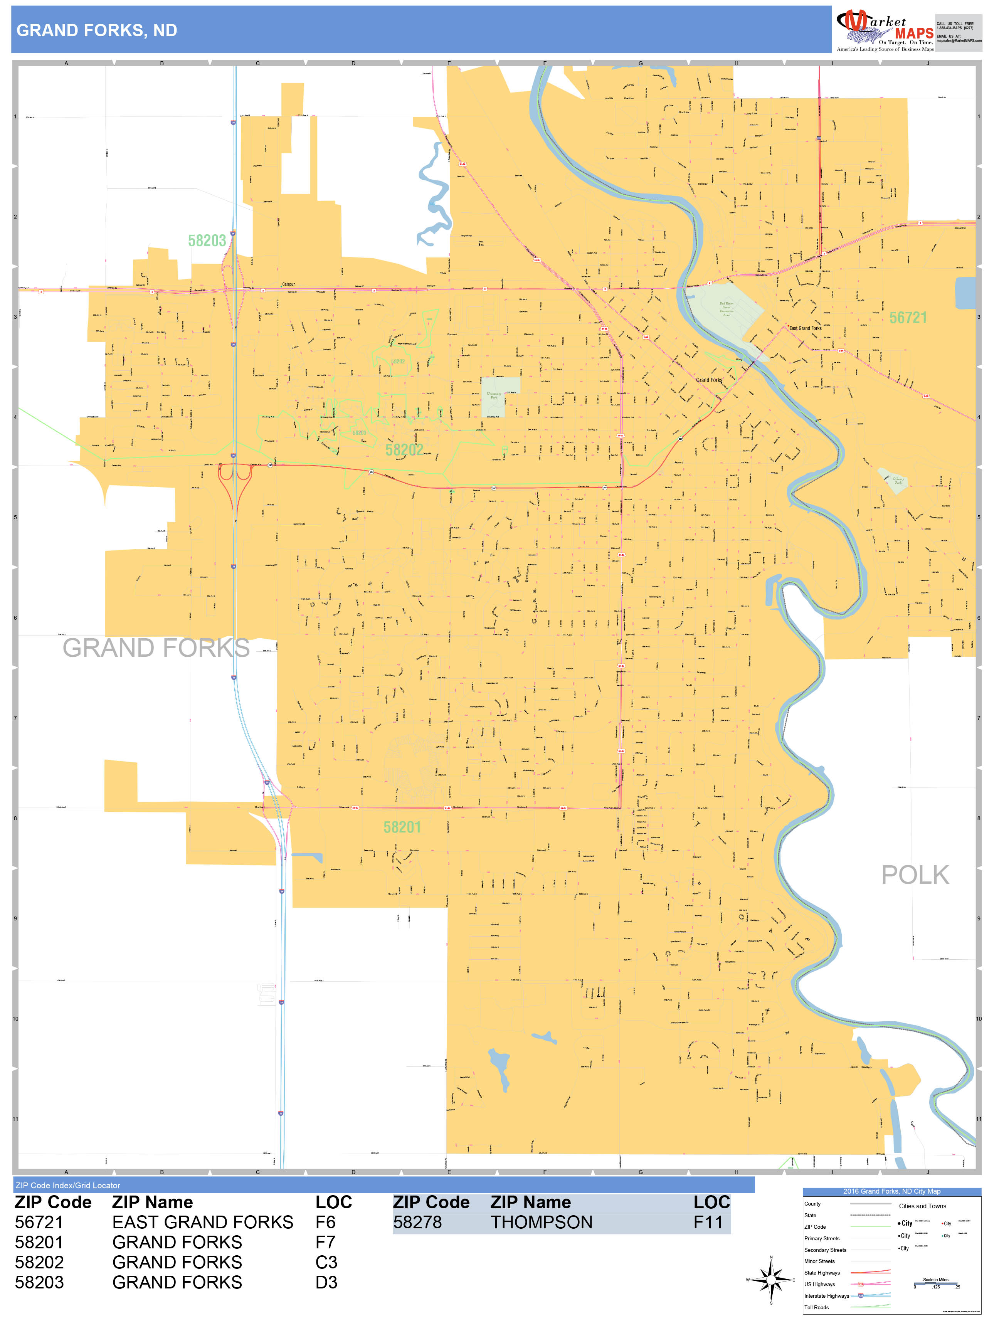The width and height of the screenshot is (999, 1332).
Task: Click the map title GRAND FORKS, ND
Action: click(96, 31)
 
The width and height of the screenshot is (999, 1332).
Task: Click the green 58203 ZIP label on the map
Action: click(207, 241)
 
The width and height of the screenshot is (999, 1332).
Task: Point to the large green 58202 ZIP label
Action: click(404, 450)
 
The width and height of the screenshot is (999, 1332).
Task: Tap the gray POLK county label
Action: click(915, 875)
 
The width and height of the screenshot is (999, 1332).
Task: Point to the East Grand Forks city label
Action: click(805, 328)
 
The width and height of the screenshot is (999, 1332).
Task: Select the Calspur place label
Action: click(288, 284)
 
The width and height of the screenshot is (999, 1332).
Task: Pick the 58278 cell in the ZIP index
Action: click(417, 1223)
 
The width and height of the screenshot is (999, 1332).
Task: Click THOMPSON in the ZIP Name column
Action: click(542, 1223)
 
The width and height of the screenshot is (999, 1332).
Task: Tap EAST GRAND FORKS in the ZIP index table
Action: click(202, 1223)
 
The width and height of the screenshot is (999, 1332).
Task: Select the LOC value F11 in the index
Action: click(708, 1223)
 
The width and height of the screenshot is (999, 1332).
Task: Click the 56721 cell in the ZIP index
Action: click(39, 1223)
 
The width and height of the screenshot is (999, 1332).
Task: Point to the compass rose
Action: click(771, 1280)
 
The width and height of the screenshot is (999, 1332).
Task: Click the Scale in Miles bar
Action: click(936, 1285)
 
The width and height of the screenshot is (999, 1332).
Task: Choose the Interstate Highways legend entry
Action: click(826, 1296)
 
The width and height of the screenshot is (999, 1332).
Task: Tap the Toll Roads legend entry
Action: click(817, 1307)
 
